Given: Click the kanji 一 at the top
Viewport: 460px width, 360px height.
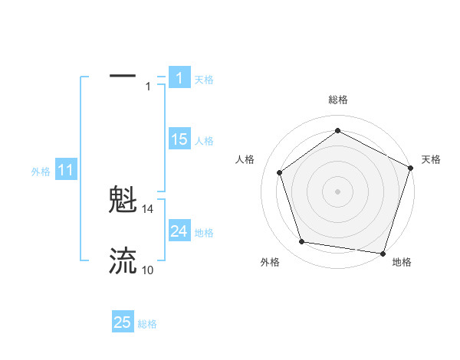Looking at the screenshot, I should click(123, 77).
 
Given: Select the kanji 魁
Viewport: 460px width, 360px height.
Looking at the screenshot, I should click(123, 201).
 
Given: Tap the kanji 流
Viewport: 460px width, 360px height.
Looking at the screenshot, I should click(123, 261).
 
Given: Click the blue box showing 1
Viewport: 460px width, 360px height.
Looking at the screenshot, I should click(179, 77).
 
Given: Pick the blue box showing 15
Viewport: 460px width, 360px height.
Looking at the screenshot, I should click(179, 139).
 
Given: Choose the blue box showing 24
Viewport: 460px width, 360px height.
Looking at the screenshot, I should click(179, 231).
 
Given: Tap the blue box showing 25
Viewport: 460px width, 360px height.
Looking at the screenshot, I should click(123, 322).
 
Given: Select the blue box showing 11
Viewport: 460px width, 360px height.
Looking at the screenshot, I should click(66, 170).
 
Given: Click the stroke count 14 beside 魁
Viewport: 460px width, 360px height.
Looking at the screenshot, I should click(148, 208).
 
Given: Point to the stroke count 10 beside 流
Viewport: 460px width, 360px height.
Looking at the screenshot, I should click(148, 270).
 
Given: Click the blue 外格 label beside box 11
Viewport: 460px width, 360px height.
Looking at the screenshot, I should click(41, 172).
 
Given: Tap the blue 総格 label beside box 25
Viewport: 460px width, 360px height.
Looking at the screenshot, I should click(147, 324).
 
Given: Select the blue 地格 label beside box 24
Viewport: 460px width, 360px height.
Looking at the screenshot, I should click(204, 233).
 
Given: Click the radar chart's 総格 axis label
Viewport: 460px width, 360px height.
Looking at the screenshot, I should click(338, 100).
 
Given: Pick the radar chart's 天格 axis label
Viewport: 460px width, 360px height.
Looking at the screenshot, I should click(432, 159).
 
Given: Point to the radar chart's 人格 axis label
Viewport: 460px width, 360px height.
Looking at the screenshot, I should click(245, 159).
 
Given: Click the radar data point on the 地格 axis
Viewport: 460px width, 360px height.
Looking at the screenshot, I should click(383, 253).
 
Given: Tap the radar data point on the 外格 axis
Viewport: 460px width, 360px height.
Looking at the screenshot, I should click(302, 242).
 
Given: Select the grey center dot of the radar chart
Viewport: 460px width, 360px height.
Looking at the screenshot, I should click(338, 191).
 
